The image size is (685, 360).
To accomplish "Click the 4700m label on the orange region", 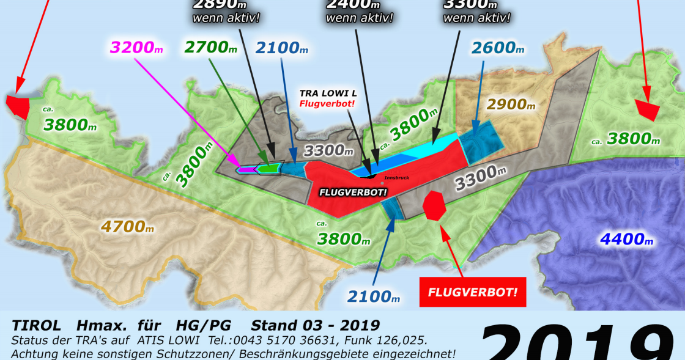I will [127, 227].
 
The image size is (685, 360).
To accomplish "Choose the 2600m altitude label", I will [498, 47].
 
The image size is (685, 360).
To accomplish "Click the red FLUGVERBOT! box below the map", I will [473, 292].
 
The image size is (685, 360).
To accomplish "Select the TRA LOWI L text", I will [327, 94].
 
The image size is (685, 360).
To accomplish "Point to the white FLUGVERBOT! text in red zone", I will [353, 192].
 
